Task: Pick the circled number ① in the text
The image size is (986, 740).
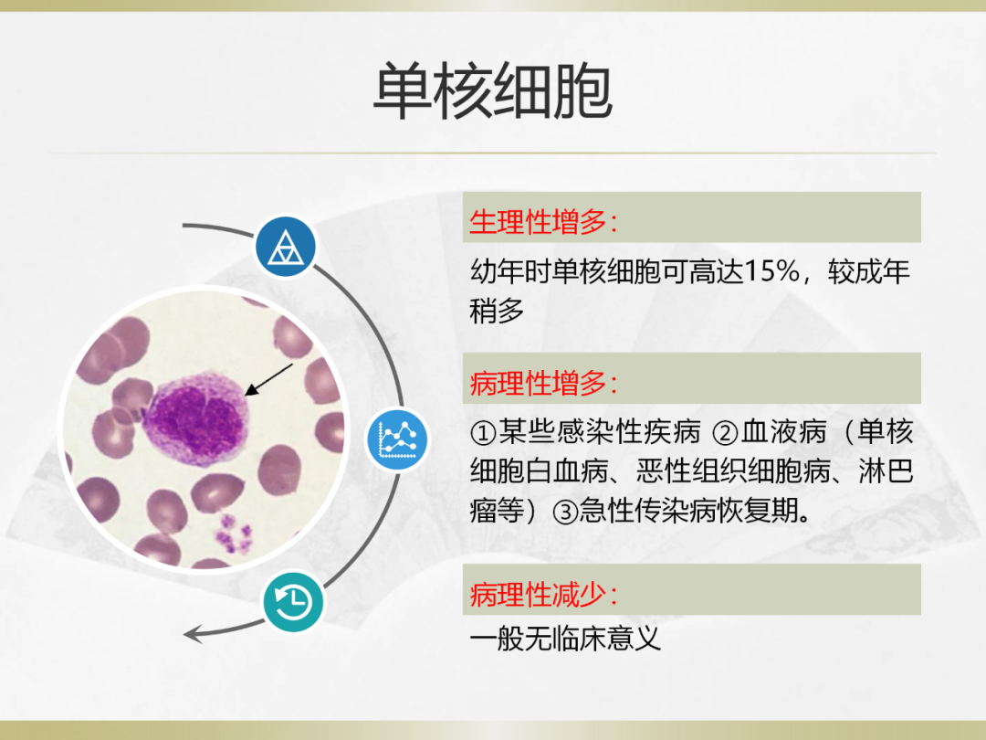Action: (484, 433)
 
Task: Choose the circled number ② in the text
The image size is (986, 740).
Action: (725, 433)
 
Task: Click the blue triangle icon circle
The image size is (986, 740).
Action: (286, 247)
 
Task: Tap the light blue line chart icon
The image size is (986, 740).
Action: (397, 439)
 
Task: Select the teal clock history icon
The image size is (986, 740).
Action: (293, 602)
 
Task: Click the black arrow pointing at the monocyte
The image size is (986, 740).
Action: (268, 379)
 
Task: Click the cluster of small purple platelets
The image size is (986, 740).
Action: (234, 534)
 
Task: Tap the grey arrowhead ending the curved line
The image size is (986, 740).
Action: (193, 634)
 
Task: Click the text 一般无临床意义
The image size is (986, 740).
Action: (565, 640)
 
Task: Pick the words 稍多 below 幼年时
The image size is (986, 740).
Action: (497, 312)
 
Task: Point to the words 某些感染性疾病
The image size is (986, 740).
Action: (599, 432)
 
